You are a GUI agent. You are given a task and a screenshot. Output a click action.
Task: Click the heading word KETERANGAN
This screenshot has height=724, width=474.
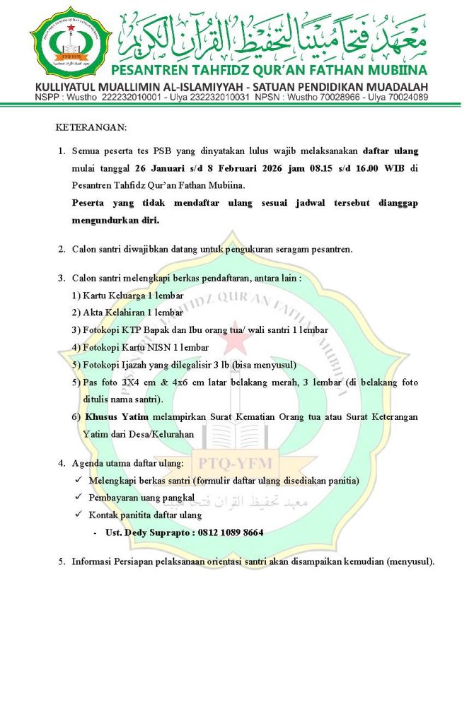click(91, 128)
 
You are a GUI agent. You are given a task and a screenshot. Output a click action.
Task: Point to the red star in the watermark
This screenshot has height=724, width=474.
click(236, 343)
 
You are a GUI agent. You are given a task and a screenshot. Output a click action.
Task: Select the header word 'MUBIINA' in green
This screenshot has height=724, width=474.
click(392, 70)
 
